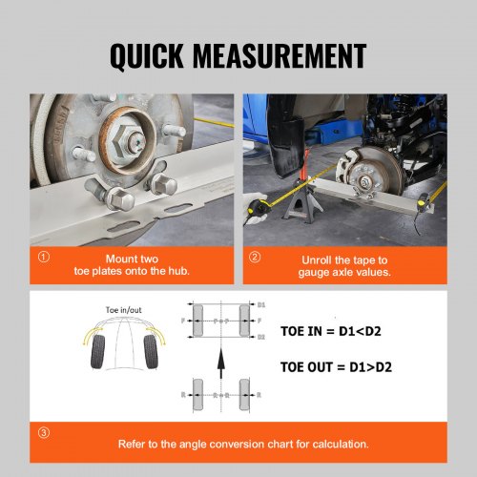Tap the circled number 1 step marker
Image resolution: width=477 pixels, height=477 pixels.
[44, 258]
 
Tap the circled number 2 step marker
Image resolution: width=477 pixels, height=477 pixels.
[254, 258]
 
